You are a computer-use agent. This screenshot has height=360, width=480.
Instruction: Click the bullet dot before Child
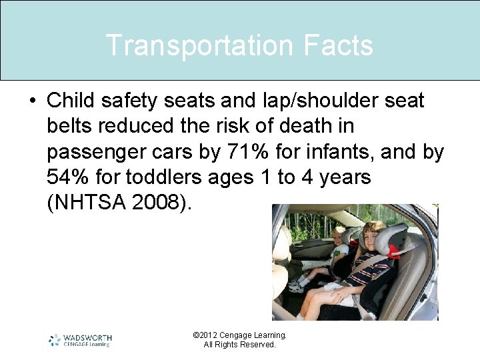point(32,101)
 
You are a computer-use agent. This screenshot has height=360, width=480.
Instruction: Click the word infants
point(349,152)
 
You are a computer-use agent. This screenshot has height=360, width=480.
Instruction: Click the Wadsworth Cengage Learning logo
point(80,340)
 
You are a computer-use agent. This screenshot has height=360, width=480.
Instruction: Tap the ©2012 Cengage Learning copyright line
point(239,335)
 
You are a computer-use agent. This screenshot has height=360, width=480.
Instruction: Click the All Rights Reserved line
point(239,345)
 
